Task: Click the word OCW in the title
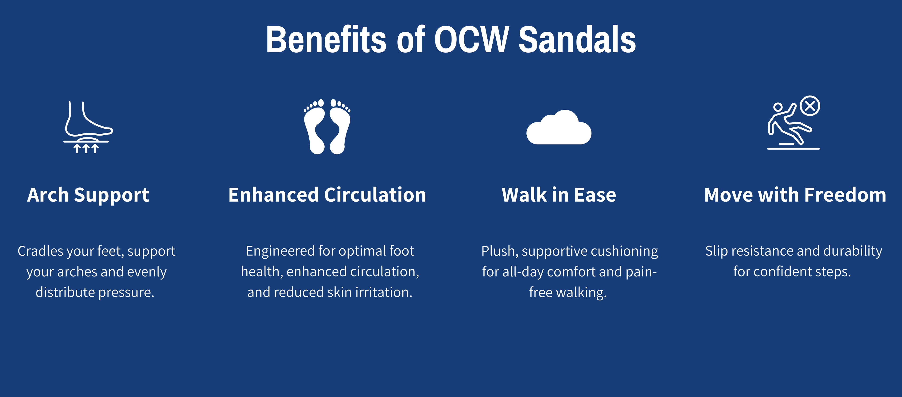471,39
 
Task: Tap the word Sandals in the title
577,39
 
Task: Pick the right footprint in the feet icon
340,127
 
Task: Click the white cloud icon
559,127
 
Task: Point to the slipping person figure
788,124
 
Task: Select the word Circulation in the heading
375,195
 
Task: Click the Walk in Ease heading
559,195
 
